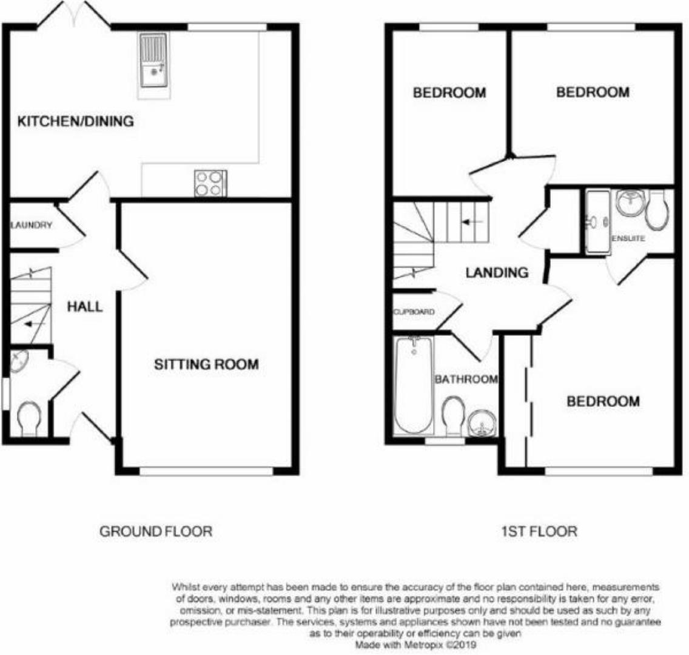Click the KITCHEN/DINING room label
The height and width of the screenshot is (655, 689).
76,121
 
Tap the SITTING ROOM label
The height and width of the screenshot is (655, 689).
206,364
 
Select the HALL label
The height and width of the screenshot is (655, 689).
84,307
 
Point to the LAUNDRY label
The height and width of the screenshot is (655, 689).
32,225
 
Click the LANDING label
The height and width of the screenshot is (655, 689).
496,273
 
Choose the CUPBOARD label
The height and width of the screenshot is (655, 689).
414,312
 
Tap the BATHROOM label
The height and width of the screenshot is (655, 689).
466,380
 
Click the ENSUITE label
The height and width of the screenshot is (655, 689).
628,239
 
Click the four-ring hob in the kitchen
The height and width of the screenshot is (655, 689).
210,183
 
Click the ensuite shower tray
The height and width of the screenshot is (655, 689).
597,221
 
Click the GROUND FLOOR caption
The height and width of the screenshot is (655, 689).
155,532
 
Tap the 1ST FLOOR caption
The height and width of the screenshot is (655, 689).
539,532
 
